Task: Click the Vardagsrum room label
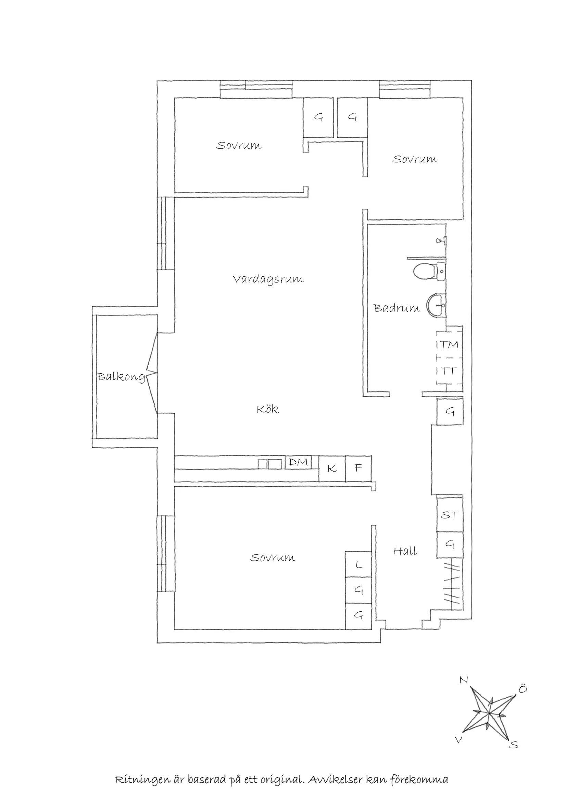[x=268, y=279]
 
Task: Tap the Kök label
[x=267, y=409]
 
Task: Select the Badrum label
[x=396, y=308]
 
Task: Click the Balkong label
[x=121, y=376]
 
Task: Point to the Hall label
[x=405, y=551]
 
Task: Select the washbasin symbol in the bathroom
[x=435, y=305]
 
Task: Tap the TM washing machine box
[x=450, y=345]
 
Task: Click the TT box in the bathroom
[x=449, y=371]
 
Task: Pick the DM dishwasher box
[x=298, y=462]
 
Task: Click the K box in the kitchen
[x=332, y=469]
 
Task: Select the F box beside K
[x=358, y=469]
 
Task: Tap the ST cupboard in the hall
[x=450, y=515]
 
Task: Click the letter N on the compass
[x=464, y=680]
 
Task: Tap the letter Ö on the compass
[x=523, y=689]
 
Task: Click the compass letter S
[x=514, y=745]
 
